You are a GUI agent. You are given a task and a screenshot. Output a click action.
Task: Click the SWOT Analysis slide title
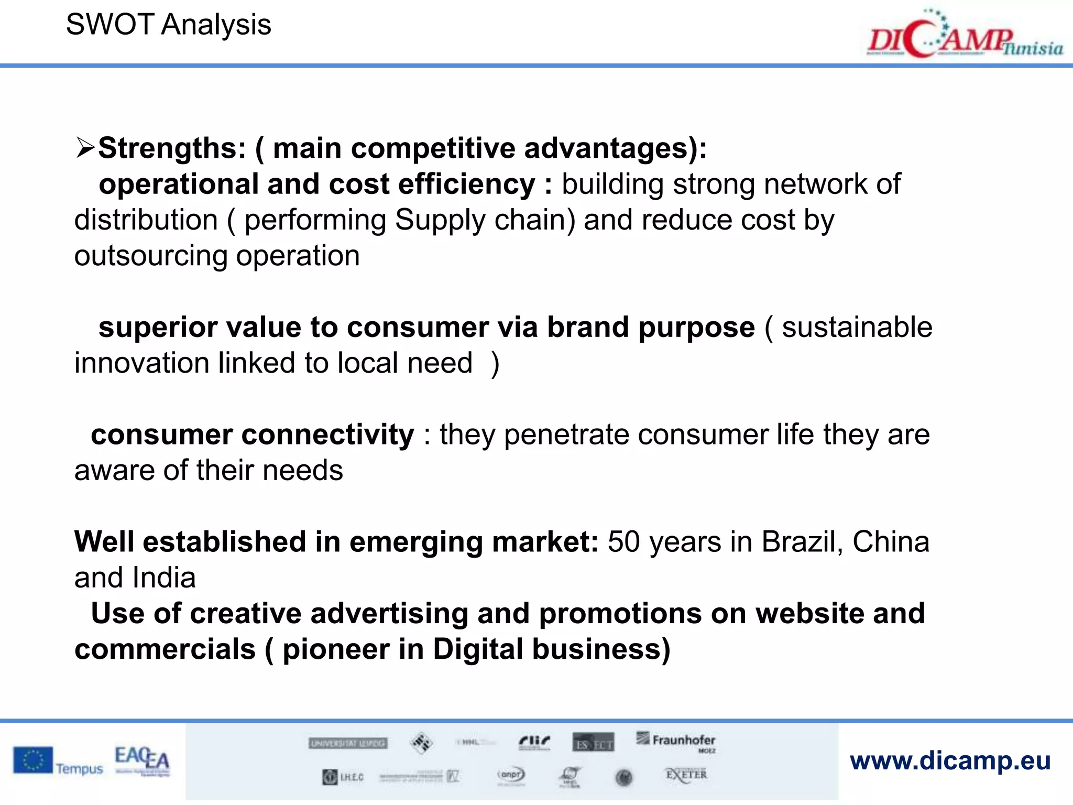(x=168, y=25)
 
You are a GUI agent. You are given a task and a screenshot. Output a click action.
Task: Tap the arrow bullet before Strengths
(x=85, y=148)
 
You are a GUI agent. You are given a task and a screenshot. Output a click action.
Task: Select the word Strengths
(x=172, y=148)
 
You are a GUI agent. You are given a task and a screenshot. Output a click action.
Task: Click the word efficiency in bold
(x=466, y=184)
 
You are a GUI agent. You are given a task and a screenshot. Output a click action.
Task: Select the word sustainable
(x=857, y=328)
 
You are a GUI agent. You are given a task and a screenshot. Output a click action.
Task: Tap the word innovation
(x=141, y=363)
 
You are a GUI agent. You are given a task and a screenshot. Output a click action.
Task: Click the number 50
(x=623, y=542)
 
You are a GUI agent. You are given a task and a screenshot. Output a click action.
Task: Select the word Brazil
(x=802, y=542)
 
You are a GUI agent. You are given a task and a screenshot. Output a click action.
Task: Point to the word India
(x=164, y=578)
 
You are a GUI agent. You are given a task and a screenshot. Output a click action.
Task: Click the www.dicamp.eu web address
(x=950, y=761)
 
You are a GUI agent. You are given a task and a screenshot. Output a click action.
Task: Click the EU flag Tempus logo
(x=58, y=762)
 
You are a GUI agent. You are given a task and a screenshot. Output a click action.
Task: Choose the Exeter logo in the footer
(x=686, y=775)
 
